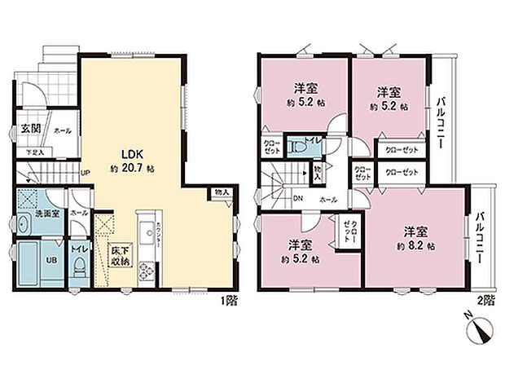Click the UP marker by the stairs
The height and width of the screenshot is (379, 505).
84,173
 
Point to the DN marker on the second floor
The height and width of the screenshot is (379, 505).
298,198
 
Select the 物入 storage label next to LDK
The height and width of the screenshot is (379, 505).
222,192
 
